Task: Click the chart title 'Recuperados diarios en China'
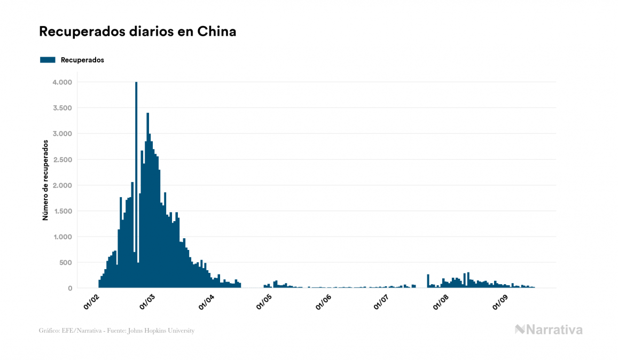pos(138,32)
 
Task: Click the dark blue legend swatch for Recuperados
pos(48,60)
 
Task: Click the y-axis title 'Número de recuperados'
pos(45,181)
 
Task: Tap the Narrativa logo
pos(549,330)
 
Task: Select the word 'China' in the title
pos(217,32)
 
